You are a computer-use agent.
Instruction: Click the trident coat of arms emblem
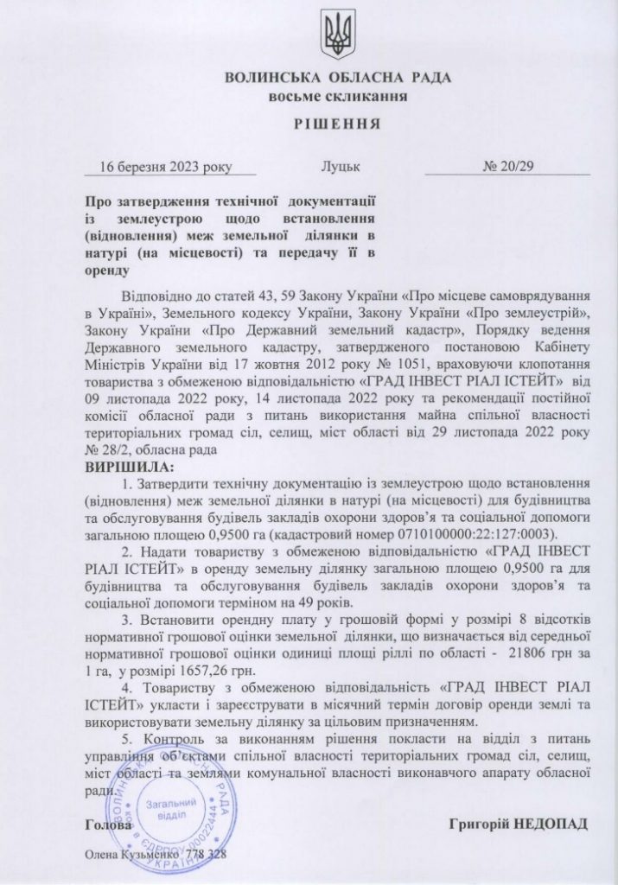(336, 34)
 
